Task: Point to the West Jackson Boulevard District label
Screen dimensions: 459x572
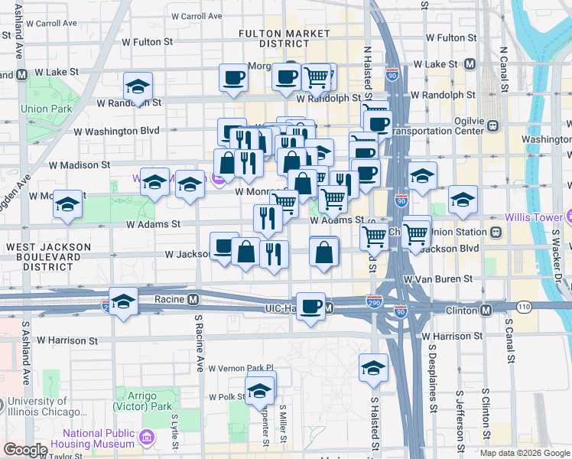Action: (x=48, y=256)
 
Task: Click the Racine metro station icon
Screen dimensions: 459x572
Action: (x=193, y=299)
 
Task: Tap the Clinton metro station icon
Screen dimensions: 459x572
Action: (x=486, y=311)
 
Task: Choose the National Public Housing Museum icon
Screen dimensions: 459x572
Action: (x=148, y=438)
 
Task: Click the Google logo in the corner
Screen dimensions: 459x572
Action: (x=25, y=450)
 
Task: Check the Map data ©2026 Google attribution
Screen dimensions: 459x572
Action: (x=524, y=453)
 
